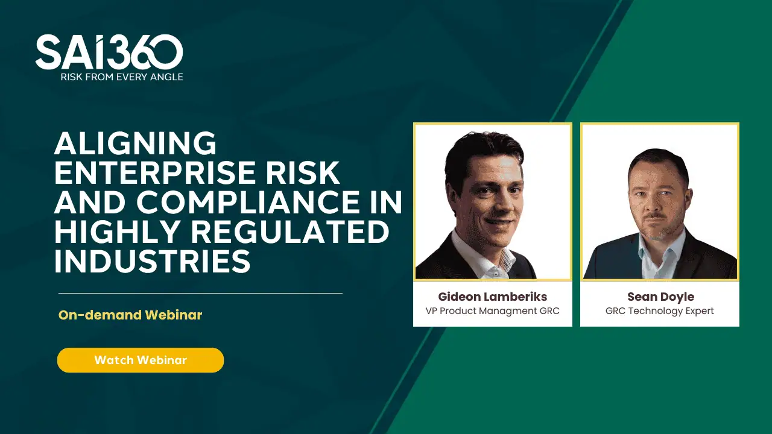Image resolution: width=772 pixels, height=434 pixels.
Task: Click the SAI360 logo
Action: coord(109,52)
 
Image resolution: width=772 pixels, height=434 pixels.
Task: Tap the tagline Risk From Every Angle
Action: coord(121,77)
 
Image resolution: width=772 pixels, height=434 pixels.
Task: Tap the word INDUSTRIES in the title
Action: coord(152,262)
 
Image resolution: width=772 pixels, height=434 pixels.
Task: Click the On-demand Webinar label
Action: coord(130,315)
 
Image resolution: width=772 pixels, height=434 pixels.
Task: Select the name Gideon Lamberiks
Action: coord(493,297)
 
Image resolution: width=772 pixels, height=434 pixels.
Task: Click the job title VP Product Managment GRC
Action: coord(493,311)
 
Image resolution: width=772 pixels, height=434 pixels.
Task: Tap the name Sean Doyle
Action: coord(660,297)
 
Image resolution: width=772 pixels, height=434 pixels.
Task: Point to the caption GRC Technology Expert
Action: coord(660,311)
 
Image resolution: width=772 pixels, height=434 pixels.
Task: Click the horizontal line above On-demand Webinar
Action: coord(200,294)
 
